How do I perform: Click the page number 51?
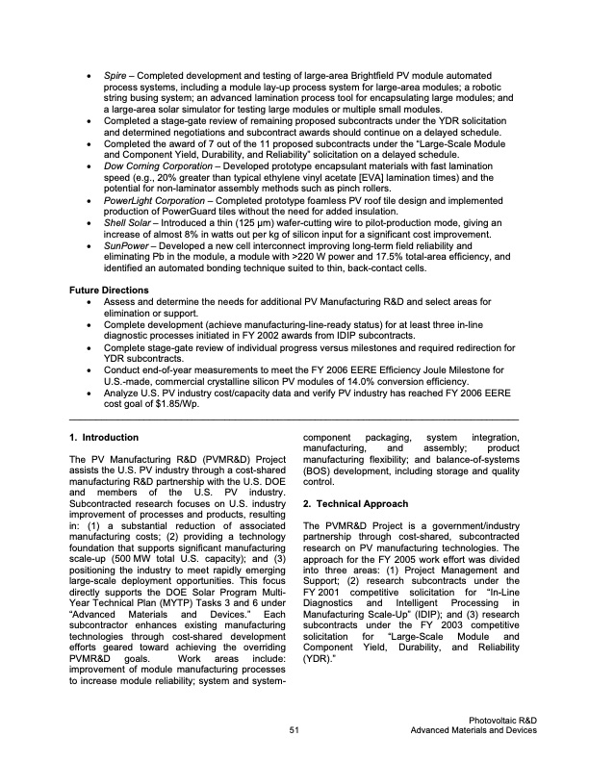pyautogui.click(x=294, y=731)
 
